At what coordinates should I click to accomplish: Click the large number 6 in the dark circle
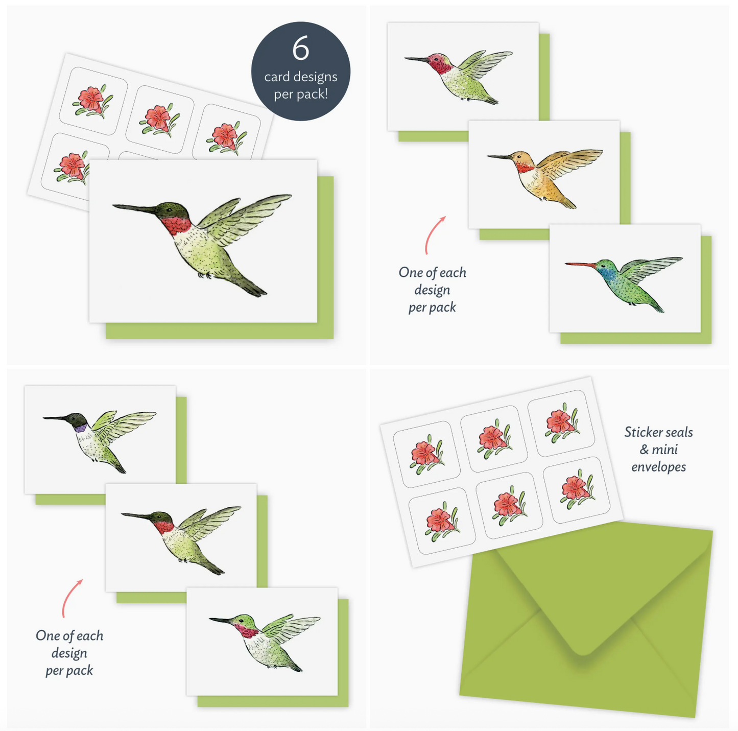click(301, 49)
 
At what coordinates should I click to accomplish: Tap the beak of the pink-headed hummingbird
click(416, 60)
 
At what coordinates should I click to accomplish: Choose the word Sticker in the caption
click(641, 432)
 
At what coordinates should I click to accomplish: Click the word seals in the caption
click(677, 432)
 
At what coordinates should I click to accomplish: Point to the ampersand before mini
click(644, 450)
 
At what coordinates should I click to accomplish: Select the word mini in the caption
click(665, 450)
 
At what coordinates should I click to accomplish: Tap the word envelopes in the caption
click(658, 467)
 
